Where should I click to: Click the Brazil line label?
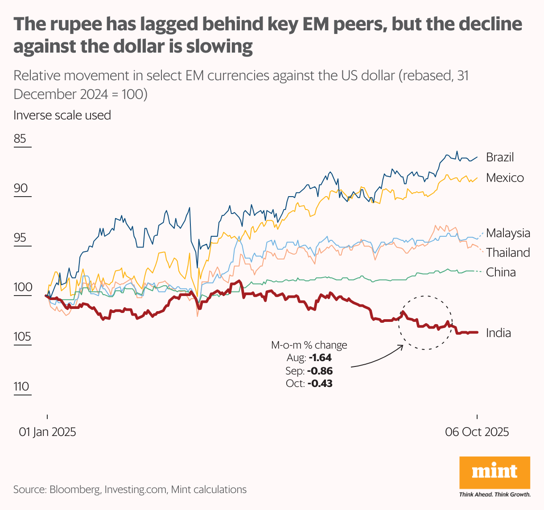tap(500, 157)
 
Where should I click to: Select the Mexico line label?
tap(505, 178)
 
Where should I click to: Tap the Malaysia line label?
tap(508, 233)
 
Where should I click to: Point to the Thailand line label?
tap(508, 253)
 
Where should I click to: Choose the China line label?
tap(501, 272)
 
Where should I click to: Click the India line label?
tap(498, 333)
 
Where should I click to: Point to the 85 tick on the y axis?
tap(20, 139)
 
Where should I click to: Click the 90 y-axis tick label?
tap(21, 188)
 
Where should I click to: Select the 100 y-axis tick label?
tap(23, 287)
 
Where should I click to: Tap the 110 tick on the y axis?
tap(21, 387)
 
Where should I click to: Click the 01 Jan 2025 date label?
tap(47, 432)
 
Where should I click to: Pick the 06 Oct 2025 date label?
tap(477, 432)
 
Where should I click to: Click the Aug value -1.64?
tap(320, 358)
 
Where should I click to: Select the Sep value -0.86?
tap(320, 371)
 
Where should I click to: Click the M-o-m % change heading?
tap(309, 345)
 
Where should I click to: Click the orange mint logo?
tap(495, 473)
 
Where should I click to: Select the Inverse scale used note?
tap(62, 115)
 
